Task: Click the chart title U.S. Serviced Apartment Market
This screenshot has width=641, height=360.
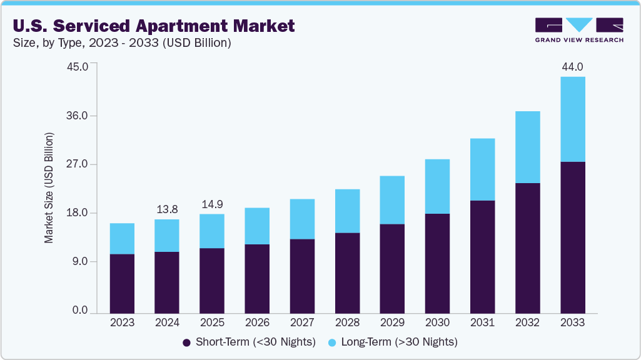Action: point(153,26)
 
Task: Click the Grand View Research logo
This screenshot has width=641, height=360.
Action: point(579,29)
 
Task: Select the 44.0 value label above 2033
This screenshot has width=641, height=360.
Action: point(572,66)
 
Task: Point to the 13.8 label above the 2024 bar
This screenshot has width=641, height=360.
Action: point(167,209)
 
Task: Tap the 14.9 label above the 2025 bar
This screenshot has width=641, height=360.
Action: point(212,204)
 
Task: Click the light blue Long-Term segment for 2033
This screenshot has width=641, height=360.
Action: point(572,119)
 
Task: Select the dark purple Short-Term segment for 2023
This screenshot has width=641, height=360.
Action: point(122,283)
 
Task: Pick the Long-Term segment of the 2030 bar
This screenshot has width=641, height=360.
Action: point(437,186)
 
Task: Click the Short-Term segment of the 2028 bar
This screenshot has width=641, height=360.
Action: point(347,272)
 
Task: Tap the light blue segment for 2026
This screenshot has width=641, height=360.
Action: point(257,226)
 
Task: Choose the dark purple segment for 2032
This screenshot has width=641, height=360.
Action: point(527,247)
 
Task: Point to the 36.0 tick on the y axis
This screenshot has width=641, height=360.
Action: point(79,116)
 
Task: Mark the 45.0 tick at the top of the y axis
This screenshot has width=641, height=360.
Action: point(79,67)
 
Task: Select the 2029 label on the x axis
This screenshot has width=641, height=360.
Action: point(392,322)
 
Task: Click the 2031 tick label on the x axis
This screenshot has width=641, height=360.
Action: point(482,322)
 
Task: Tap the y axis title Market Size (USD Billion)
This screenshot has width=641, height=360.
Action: point(49,188)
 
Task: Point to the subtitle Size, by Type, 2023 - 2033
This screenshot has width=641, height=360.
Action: point(122,43)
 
